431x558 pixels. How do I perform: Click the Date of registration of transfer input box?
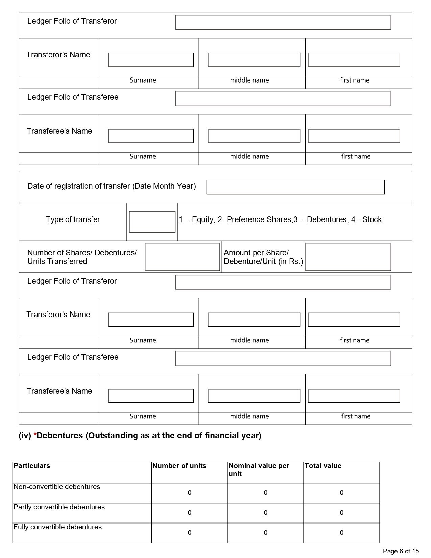tap(295, 187)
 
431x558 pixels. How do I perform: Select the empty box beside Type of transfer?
tap(152, 222)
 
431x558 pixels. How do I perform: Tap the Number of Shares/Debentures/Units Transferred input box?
tap(182, 257)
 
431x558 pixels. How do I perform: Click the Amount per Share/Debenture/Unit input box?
tap(348, 257)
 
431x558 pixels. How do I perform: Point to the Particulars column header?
tap(32, 466)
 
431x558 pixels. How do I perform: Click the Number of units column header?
tap(179, 466)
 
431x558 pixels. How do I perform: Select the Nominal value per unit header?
tap(259, 469)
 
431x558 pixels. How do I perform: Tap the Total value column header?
tap(323, 466)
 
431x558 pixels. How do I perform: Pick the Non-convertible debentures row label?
tap(57, 487)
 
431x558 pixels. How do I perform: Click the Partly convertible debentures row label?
tap(59, 507)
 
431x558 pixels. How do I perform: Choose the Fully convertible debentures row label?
tap(57, 527)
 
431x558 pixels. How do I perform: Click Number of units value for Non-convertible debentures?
tap(190, 493)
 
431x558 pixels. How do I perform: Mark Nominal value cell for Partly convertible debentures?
tap(266, 513)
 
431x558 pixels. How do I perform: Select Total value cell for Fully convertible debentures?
tap(342, 533)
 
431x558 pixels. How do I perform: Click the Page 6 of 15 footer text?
tap(401, 551)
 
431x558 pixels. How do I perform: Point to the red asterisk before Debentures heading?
tap(35, 435)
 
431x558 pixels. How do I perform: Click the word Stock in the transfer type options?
tap(372, 219)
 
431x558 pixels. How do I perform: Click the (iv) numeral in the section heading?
tap(25, 436)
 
